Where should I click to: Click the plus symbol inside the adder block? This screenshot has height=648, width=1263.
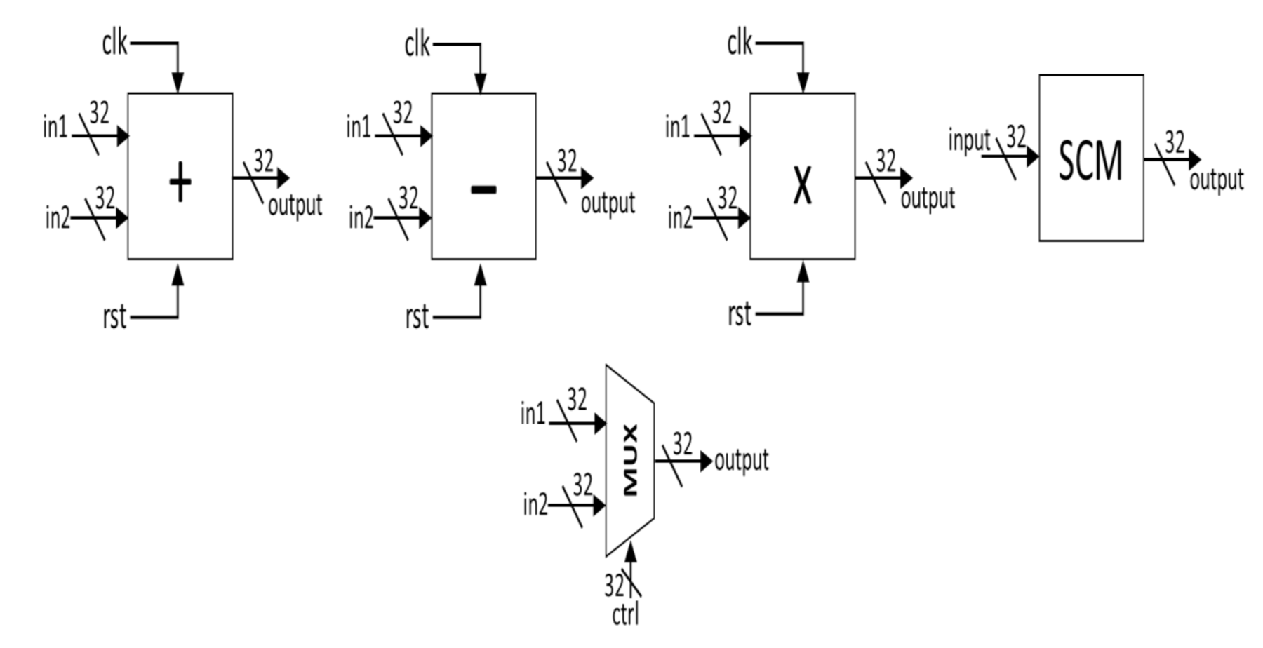click(180, 182)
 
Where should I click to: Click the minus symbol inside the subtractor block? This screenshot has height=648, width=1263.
click(483, 189)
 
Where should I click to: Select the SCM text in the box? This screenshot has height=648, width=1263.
click(1090, 161)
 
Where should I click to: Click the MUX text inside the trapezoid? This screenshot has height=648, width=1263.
click(631, 460)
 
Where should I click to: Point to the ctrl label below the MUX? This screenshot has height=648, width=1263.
click(625, 614)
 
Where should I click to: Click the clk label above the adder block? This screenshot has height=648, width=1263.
click(115, 43)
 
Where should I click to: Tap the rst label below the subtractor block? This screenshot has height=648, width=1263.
click(417, 317)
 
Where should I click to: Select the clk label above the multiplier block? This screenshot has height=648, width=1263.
click(740, 43)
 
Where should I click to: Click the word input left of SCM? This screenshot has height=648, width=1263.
click(969, 140)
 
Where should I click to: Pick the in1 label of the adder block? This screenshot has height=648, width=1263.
click(55, 128)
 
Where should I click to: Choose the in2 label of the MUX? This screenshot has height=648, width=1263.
click(535, 505)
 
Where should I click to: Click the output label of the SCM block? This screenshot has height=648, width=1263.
click(1216, 180)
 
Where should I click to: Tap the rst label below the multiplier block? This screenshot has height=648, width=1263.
click(740, 314)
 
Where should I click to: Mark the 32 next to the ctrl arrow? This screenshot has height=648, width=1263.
click(613, 585)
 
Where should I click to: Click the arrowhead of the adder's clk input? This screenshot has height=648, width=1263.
click(178, 83)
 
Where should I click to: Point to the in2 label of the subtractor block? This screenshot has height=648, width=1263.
click(361, 219)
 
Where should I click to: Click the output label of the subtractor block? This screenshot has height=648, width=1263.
click(608, 204)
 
